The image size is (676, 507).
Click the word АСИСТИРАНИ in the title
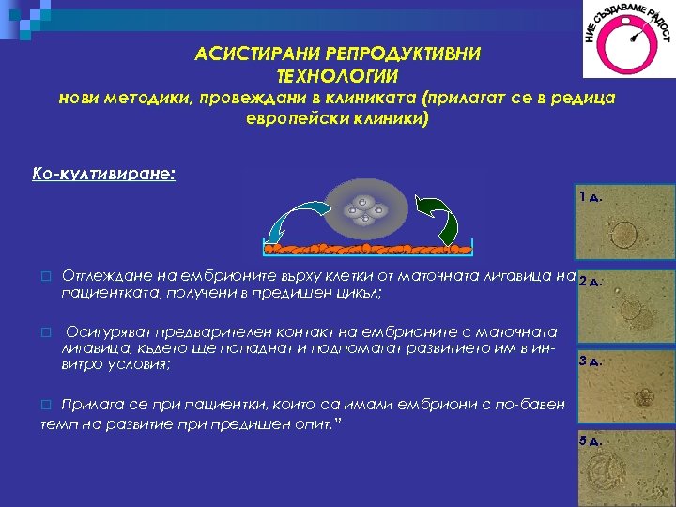point(248,54)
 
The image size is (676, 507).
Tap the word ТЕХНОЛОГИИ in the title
point(338,75)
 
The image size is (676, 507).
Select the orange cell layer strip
point(368,249)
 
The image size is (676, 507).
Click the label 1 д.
point(591,196)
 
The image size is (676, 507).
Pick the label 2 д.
point(590,280)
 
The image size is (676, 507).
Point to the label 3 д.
point(591,361)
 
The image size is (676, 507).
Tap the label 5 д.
point(591,440)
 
